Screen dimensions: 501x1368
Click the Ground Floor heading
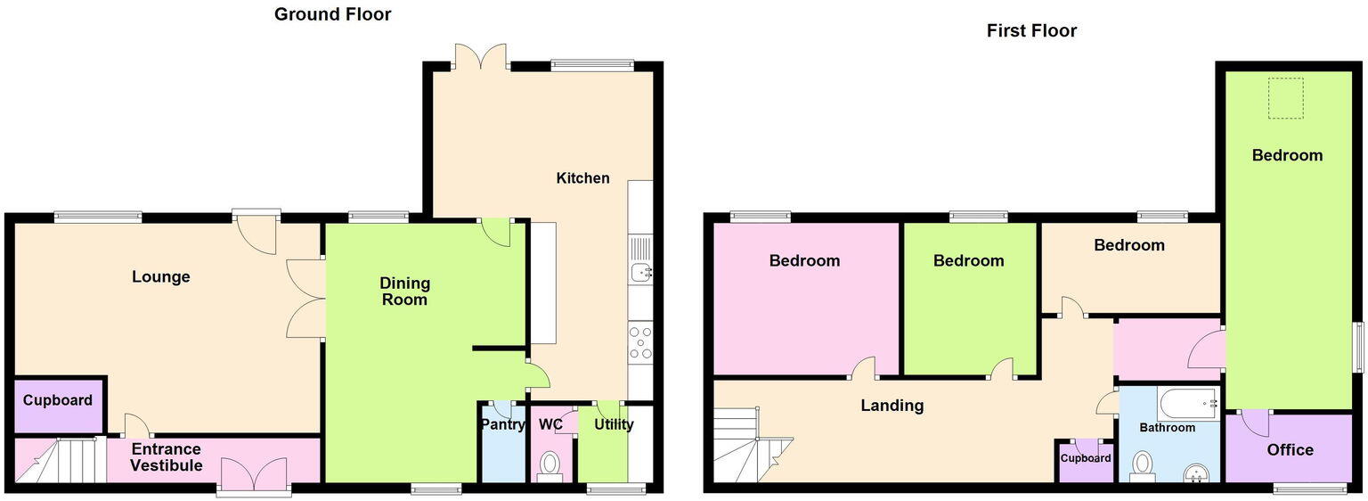coord(332,14)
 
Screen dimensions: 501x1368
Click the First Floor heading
coord(1031,31)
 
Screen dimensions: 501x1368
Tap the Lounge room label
coord(160,277)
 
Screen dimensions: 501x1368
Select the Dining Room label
coord(404,292)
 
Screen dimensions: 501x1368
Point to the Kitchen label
coord(582,178)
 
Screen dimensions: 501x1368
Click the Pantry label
coord(503,424)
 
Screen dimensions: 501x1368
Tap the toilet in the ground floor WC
coord(550,464)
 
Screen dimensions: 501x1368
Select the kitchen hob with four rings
coord(640,342)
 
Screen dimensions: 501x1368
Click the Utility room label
coord(614,424)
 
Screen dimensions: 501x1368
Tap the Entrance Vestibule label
coord(167,457)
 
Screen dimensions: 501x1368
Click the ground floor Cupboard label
coord(58,401)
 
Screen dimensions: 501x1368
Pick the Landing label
coord(892,407)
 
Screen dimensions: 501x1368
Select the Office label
coord(1290,450)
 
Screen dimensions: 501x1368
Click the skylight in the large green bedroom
coord(1285,98)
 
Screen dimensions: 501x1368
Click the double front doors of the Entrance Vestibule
coord(254,474)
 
